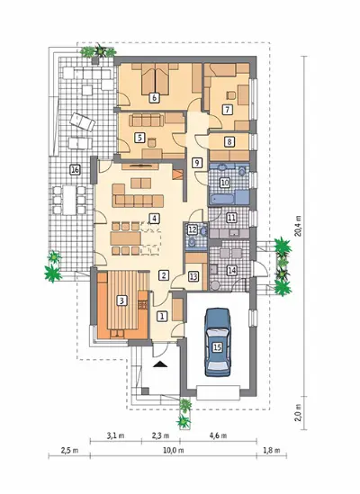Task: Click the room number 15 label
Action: [x=217, y=347]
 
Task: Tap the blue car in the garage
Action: [x=218, y=342]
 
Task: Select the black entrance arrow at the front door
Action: [x=160, y=364]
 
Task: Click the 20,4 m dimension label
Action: [x=298, y=226]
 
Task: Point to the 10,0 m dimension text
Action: [x=174, y=450]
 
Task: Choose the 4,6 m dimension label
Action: [x=218, y=436]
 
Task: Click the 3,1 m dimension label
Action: [x=116, y=436]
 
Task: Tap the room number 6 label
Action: [x=154, y=98]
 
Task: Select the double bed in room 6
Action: [x=155, y=79]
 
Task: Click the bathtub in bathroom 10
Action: [x=221, y=200]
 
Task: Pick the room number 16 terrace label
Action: [x=75, y=170]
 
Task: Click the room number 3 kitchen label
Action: [x=121, y=301]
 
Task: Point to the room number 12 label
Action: [x=193, y=229]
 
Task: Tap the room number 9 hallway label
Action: [x=197, y=163]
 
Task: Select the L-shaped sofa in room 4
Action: [x=138, y=196]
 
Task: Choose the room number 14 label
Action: [x=231, y=270]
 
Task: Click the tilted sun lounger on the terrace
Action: [x=82, y=121]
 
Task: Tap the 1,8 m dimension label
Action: [x=272, y=450]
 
